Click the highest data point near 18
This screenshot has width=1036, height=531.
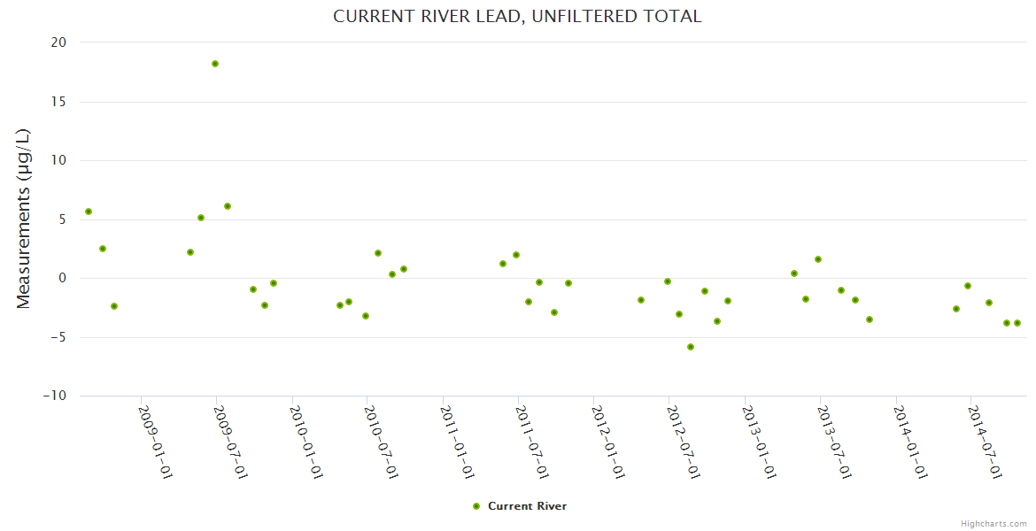point(215,64)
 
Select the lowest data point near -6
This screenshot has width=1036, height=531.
point(691,347)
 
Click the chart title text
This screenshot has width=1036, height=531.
point(517,17)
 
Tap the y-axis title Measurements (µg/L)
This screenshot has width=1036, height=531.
point(24,219)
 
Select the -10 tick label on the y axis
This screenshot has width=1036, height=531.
point(55,396)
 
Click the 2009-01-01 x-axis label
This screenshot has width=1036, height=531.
point(155,442)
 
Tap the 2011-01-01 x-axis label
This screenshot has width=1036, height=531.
point(457,442)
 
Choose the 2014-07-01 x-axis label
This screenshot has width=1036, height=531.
point(985,442)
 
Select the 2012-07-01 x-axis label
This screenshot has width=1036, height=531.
point(683,442)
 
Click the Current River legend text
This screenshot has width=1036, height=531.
point(527,506)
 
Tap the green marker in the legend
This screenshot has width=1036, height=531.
point(476,506)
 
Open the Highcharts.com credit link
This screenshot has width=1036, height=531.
point(993,523)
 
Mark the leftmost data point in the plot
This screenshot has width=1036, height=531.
point(89,212)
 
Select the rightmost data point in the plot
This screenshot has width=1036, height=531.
point(1017,323)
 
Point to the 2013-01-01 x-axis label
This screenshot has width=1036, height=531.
point(759,442)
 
